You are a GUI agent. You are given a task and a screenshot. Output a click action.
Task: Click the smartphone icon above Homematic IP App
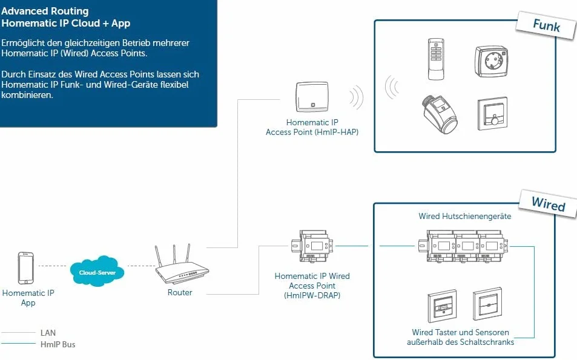(26, 268)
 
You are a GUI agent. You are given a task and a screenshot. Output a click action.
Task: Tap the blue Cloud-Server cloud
(97, 272)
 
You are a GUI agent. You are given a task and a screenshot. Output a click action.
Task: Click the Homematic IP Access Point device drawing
(312, 97)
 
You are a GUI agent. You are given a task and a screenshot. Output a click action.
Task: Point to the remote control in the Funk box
(436, 59)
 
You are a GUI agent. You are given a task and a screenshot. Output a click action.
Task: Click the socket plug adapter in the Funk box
(492, 61)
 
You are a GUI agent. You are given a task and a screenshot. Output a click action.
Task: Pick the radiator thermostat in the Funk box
(440, 114)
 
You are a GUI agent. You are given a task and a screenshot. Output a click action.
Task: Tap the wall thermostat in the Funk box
(492, 114)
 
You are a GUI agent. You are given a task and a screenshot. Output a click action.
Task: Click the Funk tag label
(547, 25)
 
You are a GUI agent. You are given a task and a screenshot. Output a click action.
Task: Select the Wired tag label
(549, 203)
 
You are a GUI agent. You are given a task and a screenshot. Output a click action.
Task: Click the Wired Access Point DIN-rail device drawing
(312, 246)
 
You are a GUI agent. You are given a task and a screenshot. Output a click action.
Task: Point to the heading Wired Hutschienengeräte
(465, 216)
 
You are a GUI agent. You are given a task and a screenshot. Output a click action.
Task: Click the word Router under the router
(180, 292)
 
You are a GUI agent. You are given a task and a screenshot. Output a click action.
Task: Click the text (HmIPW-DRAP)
(312, 295)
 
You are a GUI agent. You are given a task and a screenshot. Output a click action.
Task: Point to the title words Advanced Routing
(45, 11)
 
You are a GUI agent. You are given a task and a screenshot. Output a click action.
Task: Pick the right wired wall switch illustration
(487, 304)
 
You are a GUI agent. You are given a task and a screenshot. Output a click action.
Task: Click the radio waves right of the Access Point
(357, 97)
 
